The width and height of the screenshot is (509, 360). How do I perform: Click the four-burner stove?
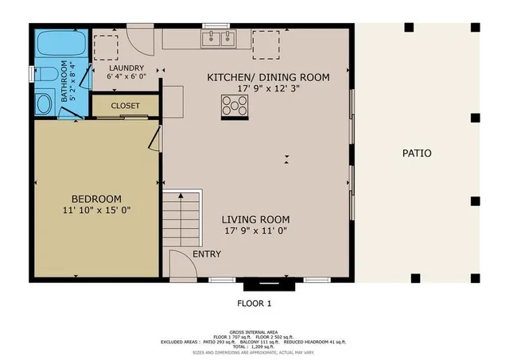tap(235, 106)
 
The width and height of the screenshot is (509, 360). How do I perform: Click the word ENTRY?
tap(205, 254)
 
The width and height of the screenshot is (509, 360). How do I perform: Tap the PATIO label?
tap(416, 153)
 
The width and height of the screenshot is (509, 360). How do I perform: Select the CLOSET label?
tap(125, 106)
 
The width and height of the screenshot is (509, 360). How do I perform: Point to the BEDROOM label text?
tap(96, 199)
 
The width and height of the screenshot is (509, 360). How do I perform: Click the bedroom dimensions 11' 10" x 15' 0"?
tap(96, 210)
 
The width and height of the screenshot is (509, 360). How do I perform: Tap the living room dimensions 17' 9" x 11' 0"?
tap(254, 230)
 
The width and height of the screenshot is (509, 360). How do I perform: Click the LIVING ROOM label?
tap(254, 219)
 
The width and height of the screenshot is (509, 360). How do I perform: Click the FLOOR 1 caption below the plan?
tap(254, 303)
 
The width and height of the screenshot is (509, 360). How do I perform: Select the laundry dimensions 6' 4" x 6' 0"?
tap(126, 79)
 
